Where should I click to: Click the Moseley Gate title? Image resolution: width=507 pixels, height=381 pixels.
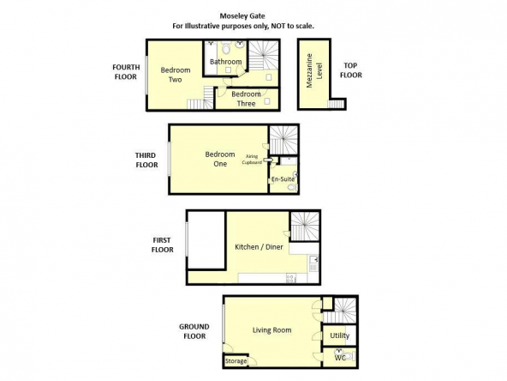(x=242, y=15)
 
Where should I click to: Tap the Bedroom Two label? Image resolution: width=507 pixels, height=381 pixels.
(x=176, y=75)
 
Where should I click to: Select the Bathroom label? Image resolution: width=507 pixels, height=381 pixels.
(x=226, y=62)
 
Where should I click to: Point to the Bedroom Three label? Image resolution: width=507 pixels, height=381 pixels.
(x=246, y=99)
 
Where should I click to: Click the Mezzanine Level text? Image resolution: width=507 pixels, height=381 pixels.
(x=314, y=70)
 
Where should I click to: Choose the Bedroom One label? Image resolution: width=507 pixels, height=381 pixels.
(x=220, y=159)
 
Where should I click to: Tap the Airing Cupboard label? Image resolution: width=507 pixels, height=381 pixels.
(x=252, y=160)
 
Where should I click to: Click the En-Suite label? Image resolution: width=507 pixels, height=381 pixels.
(x=283, y=178)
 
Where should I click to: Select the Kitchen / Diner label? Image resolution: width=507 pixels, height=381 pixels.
(x=259, y=247)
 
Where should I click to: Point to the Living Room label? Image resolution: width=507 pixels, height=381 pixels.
(x=272, y=330)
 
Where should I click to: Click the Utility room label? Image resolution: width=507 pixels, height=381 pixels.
(x=339, y=336)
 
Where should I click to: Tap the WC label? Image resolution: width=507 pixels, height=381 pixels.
(x=340, y=358)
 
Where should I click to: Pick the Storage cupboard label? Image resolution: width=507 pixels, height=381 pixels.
(x=236, y=361)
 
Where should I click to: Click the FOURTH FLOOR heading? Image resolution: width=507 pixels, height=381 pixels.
(x=126, y=72)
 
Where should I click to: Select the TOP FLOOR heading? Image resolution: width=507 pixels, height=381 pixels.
(x=351, y=70)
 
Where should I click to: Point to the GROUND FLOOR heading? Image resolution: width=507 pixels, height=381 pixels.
(x=194, y=331)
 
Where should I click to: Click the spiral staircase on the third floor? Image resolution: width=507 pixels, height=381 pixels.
(x=283, y=140)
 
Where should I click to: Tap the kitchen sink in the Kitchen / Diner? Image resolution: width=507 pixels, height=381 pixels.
(x=313, y=263)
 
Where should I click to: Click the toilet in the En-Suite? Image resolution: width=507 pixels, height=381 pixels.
(x=292, y=187)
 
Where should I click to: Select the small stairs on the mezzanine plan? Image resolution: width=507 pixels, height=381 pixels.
(x=337, y=104)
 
